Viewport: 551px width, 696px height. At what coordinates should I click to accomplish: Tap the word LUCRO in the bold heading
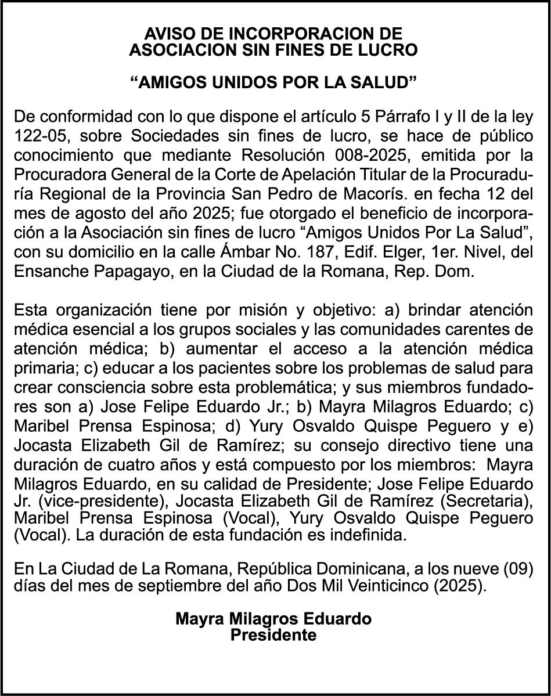click(389, 51)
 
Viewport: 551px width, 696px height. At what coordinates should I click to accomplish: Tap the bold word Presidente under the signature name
click(273, 635)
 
